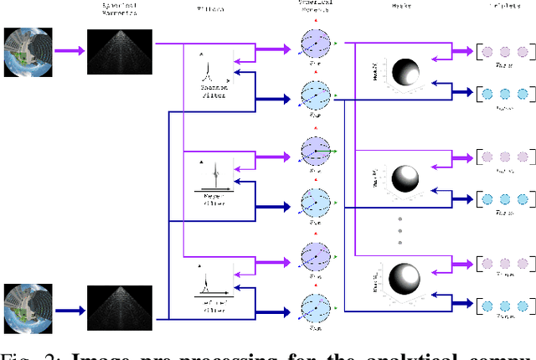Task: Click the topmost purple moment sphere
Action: coord(317,44)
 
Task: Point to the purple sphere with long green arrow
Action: coord(317,152)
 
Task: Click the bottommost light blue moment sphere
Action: coord(317,305)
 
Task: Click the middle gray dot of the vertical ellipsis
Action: coord(400,228)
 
